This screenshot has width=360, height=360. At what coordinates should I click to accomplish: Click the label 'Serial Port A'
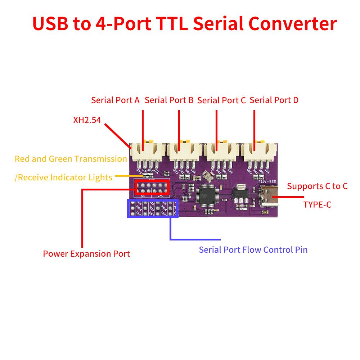click(115, 100)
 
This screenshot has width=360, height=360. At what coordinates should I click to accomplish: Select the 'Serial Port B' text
click(169, 100)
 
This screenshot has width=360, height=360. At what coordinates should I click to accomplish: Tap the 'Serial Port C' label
click(221, 100)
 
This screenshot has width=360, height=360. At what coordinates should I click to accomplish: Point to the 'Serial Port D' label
click(274, 100)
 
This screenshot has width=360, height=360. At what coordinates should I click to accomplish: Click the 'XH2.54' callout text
click(87, 120)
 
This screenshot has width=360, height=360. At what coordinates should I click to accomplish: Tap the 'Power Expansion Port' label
click(86, 254)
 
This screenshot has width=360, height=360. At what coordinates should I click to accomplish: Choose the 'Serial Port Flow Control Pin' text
click(253, 249)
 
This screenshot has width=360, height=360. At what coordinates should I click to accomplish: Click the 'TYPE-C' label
click(317, 205)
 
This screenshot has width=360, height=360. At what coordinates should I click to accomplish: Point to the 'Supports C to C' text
click(317, 186)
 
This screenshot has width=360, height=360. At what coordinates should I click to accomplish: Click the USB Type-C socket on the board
click(268, 197)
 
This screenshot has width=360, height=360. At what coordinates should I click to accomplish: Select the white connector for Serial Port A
click(148, 151)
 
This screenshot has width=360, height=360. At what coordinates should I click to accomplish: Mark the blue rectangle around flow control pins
click(153, 208)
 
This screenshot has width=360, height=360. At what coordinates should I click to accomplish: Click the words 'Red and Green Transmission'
click(71, 159)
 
